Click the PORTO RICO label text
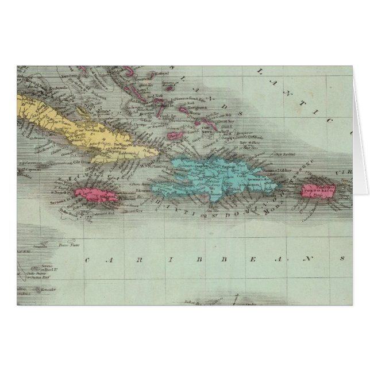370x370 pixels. pyautogui.click(x=319, y=187)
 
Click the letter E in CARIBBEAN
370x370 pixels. pyautogui.click(x=251, y=260)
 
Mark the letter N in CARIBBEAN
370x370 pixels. pyautogui.click(x=310, y=260)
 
